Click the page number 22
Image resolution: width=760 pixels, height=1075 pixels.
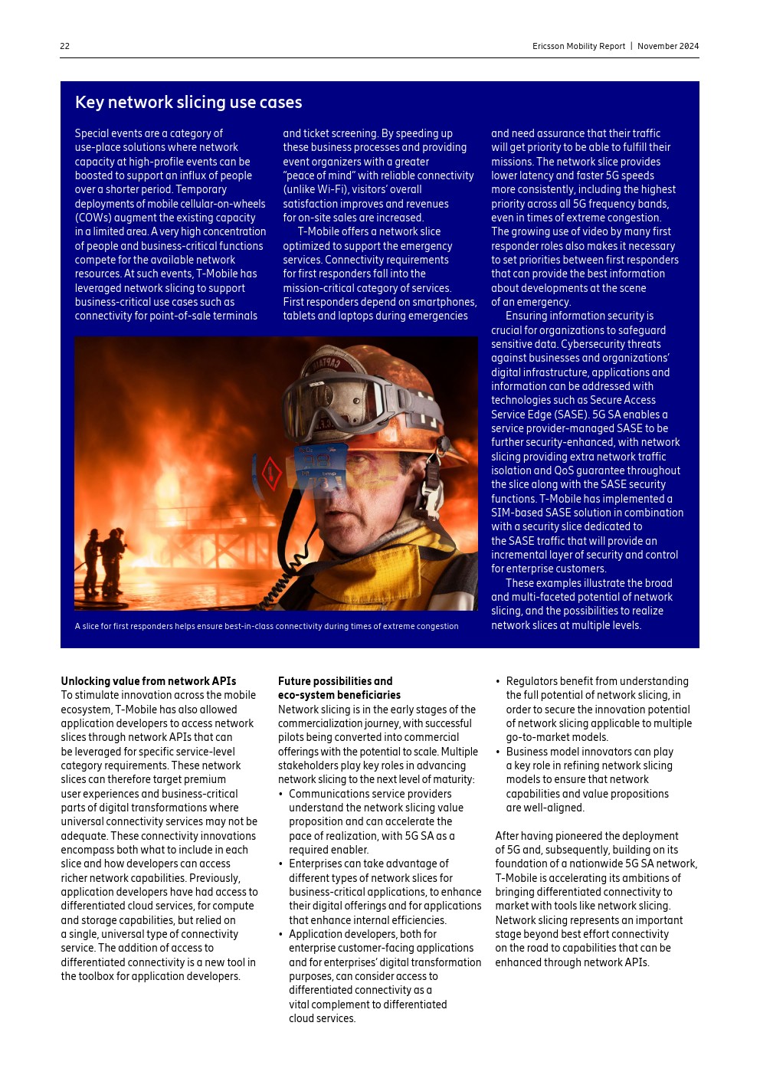[65, 46]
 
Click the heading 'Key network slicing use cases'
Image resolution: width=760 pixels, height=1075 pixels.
[188, 103]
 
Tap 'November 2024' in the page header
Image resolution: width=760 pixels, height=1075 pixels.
[668, 46]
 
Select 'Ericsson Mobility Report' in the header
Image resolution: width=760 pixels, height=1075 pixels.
[578, 46]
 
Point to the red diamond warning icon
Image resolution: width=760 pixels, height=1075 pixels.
[271, 474]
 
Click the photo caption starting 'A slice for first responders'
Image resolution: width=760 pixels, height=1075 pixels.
[267, 626]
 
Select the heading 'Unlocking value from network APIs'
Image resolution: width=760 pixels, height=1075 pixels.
[149, 681]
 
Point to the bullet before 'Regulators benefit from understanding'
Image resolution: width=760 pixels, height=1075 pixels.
[498, 682]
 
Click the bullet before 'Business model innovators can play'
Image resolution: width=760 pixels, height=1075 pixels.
[498, 752]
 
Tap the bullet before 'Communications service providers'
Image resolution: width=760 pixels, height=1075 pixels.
[281, 795]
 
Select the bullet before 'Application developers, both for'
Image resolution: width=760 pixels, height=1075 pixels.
[281, 935]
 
